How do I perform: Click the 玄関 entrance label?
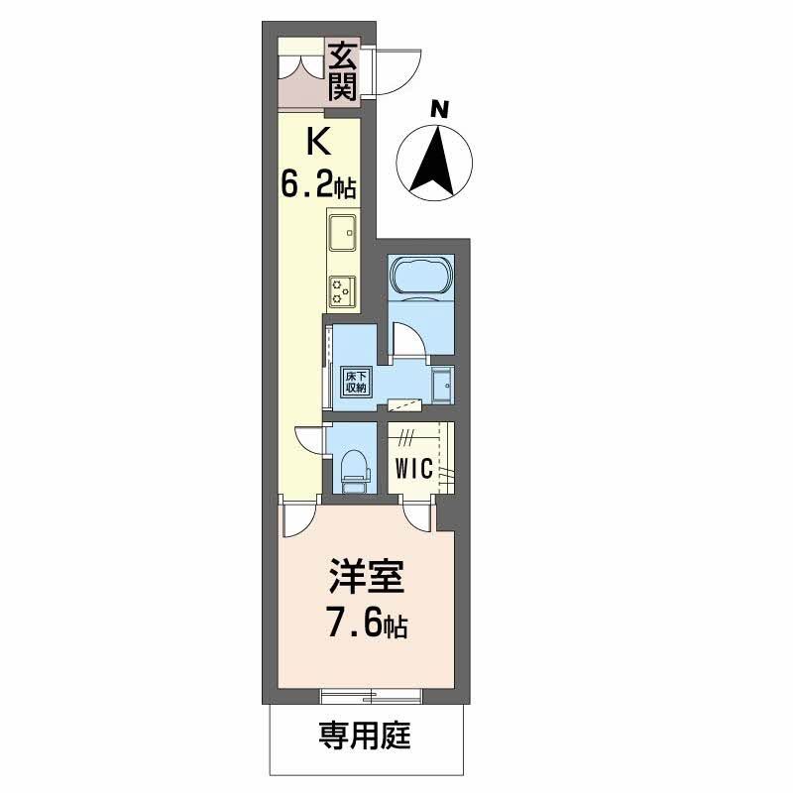(x=342, y=71)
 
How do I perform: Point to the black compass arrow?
(x=433, y=159)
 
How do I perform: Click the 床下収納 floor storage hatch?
(x=356, y=382)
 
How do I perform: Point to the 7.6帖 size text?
(x=368, y=625)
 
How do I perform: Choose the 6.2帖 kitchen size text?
(x=317, y=185)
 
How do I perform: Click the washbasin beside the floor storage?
(x=441, y=384)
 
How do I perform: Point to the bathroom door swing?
(x=409, y=342)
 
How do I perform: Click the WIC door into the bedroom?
(x=417, y=512)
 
